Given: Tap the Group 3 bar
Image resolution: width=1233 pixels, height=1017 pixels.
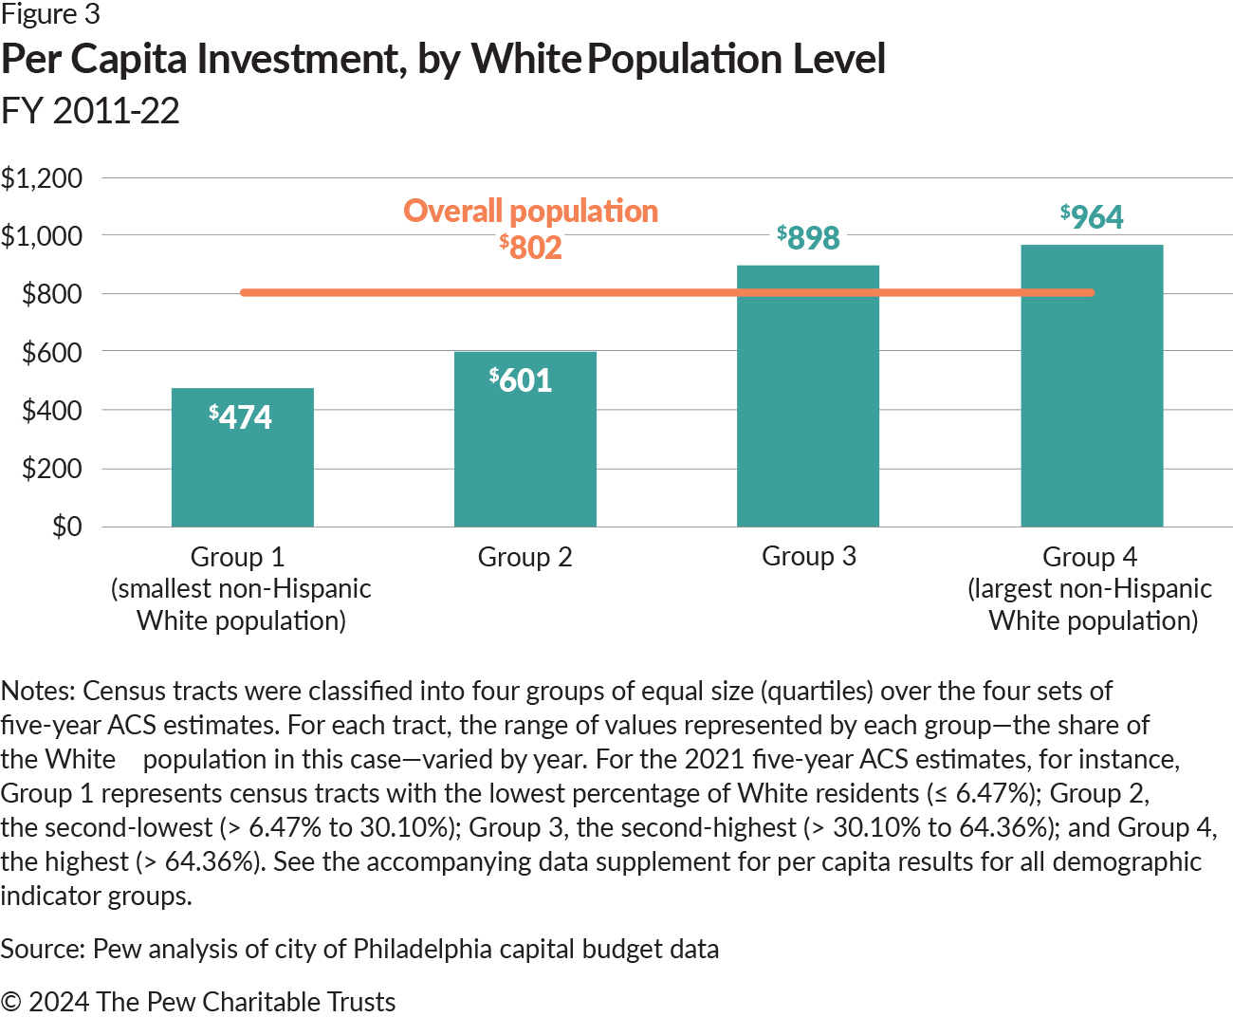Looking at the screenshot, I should (807, 408).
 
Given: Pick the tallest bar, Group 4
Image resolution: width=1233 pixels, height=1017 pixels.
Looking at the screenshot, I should (1091, 398).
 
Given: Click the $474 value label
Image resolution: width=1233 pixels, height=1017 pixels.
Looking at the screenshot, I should (241, 416).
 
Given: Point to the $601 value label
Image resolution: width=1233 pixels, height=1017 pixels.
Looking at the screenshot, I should (521, 379).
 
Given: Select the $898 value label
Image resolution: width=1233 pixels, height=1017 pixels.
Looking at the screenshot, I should (808, 237).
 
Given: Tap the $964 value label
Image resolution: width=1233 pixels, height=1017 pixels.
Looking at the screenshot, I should (1092, 216).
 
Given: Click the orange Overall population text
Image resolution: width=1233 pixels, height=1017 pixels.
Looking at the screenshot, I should (530, 211).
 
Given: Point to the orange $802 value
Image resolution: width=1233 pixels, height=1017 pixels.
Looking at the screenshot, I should (531, 247).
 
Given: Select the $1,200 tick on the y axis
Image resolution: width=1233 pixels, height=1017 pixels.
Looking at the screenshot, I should (42, 177).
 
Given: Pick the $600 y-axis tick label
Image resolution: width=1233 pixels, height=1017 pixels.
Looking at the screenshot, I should (52, 352).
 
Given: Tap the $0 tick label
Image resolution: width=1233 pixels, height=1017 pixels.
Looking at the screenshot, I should (66, 526).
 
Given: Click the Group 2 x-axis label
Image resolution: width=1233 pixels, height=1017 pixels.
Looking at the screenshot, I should (524, 557).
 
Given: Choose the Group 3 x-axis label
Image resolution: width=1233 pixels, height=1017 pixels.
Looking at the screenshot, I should (808, 556).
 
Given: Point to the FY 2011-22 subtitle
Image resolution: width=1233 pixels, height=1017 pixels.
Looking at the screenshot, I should (90, 111).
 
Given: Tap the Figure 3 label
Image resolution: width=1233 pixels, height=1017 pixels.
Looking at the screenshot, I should (50, 14).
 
